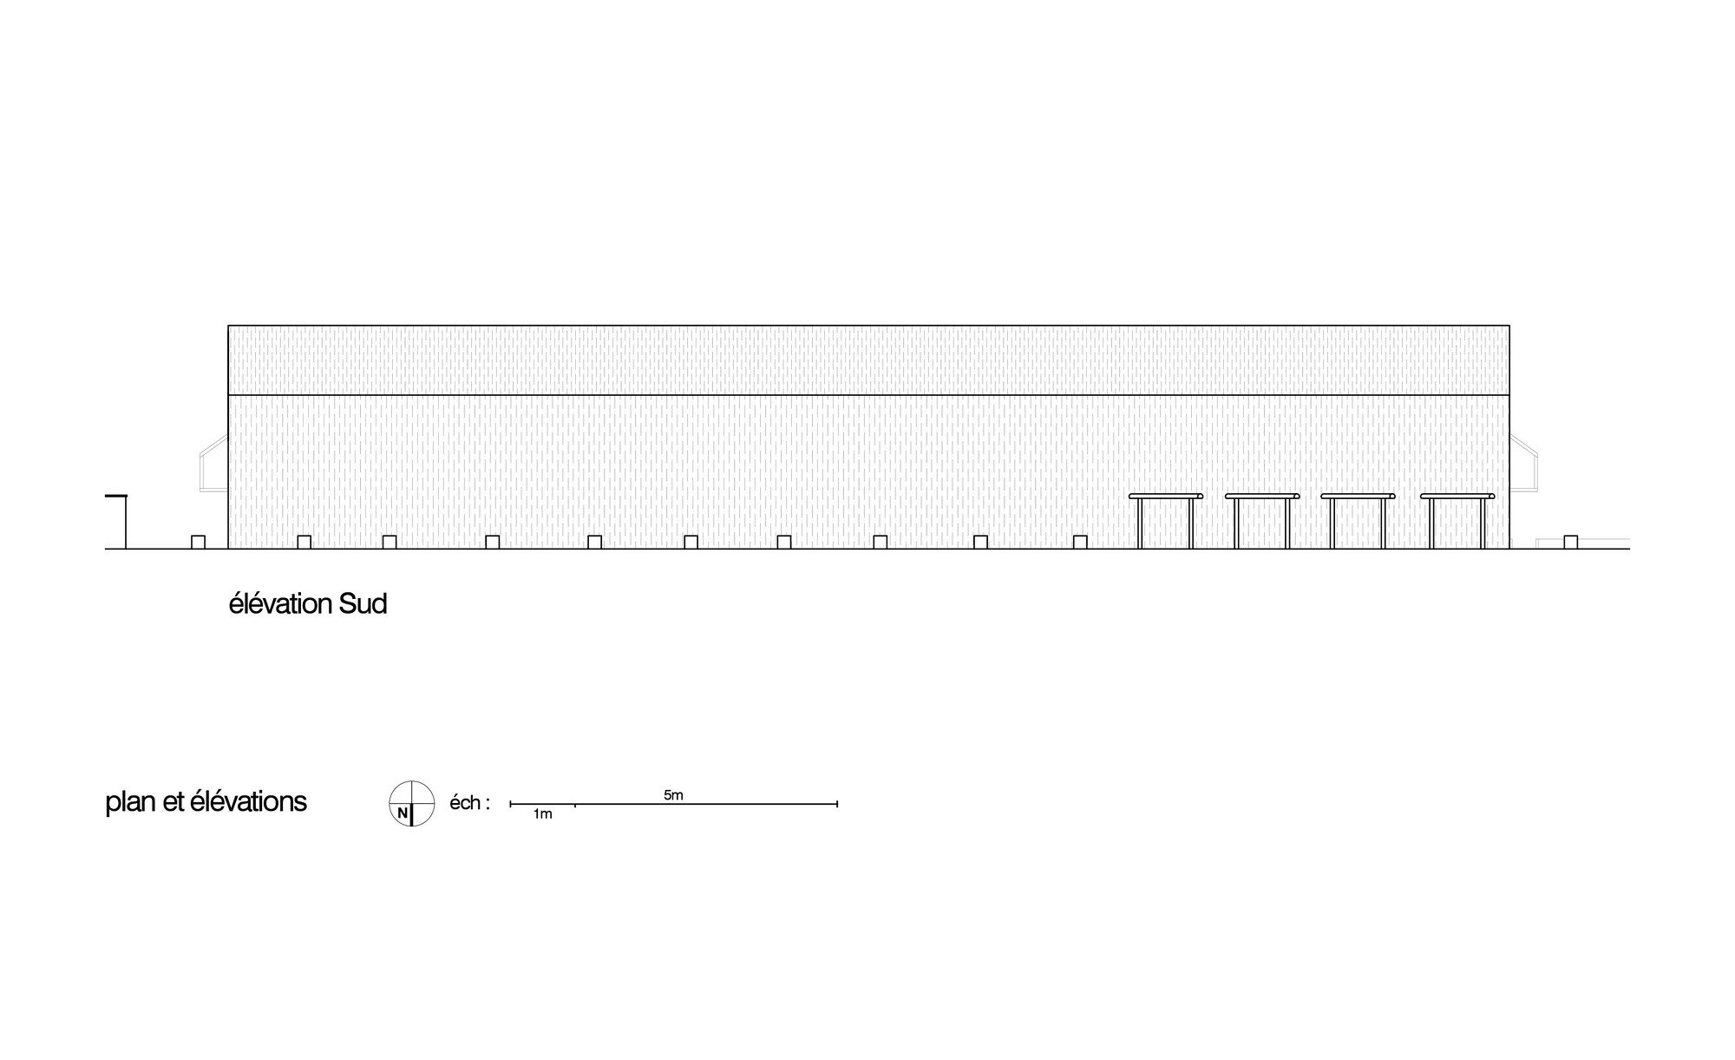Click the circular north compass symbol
[x=411, y=804]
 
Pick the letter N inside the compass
[x=402, y=813]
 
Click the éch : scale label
[x=469, y=803]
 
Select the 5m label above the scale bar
[x=673, y=794]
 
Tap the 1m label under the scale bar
[x=542, y=814]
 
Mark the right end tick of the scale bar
[x=837, y=804]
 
